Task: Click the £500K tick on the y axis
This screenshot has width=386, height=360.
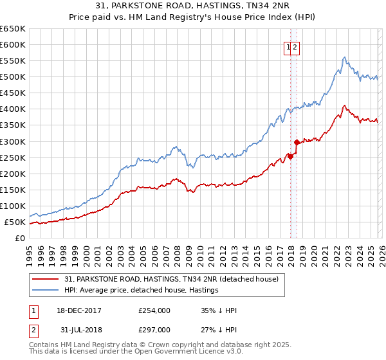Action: click(13, 77)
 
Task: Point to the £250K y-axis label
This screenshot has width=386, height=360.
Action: click(13, 157)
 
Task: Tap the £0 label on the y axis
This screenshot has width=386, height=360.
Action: click(21, 239)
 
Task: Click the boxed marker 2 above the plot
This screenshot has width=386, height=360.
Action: click(295, 46)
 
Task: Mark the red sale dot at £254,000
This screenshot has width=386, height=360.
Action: click(290, 156)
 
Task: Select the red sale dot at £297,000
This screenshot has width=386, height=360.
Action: click(297, 142)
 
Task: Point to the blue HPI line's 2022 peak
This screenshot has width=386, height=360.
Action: click(345, 57)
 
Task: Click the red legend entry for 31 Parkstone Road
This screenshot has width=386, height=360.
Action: click(171, 279)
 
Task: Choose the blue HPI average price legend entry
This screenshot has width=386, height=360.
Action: click(142, 290)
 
